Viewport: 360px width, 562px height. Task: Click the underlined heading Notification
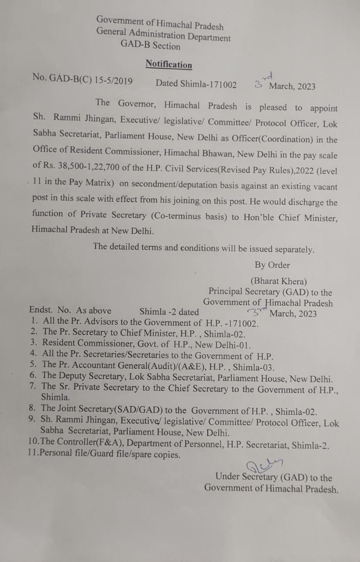pos(169,65)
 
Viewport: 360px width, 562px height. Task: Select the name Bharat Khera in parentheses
pos(279,281)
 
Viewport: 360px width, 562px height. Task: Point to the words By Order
pos(272,265)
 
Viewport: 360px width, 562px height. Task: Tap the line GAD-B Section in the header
pos(150,45)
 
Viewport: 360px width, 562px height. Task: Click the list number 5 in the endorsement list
pos(33,364)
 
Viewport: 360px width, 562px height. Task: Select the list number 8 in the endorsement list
pos(33,408)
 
